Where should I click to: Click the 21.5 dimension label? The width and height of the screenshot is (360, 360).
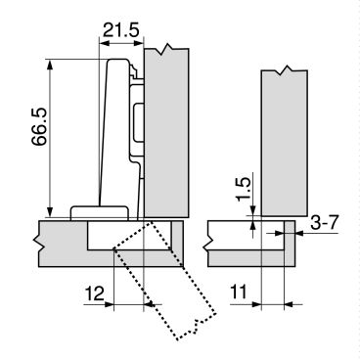coord(121,30)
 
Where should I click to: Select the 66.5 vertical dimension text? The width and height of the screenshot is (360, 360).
coord(40,126)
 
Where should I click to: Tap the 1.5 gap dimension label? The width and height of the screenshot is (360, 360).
coord(244,190)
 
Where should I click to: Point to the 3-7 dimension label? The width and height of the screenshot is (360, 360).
coord(324,223)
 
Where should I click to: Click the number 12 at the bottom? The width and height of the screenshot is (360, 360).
coord(95,293)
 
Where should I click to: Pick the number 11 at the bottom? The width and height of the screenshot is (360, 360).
coord(239,292)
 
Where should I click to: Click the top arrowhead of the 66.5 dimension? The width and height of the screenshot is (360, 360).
coord(50,65)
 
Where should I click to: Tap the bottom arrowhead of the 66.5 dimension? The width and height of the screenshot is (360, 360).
coord(50,211)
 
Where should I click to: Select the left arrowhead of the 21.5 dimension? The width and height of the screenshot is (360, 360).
coord(104,43)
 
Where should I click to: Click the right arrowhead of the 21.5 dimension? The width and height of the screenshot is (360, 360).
coord(138,43)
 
